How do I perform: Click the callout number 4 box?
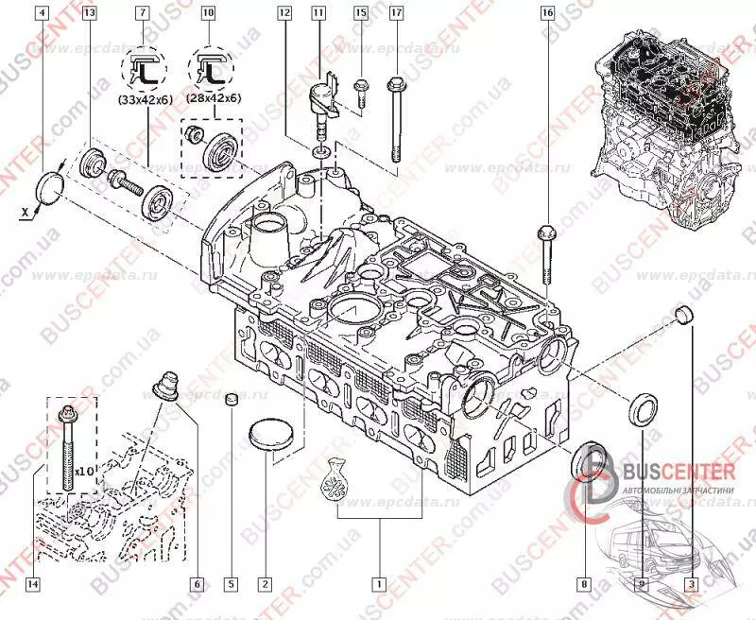click(x=39, y=13)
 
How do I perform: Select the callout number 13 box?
click(x=89, y=13)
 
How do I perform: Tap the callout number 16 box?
click(x=547, y=13)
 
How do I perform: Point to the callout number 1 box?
click(x=379, y=583)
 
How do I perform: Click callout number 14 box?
click(x=33, y=583)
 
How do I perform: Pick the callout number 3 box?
click(x=691, y=583)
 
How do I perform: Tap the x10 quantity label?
click(x=85, y=470)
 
